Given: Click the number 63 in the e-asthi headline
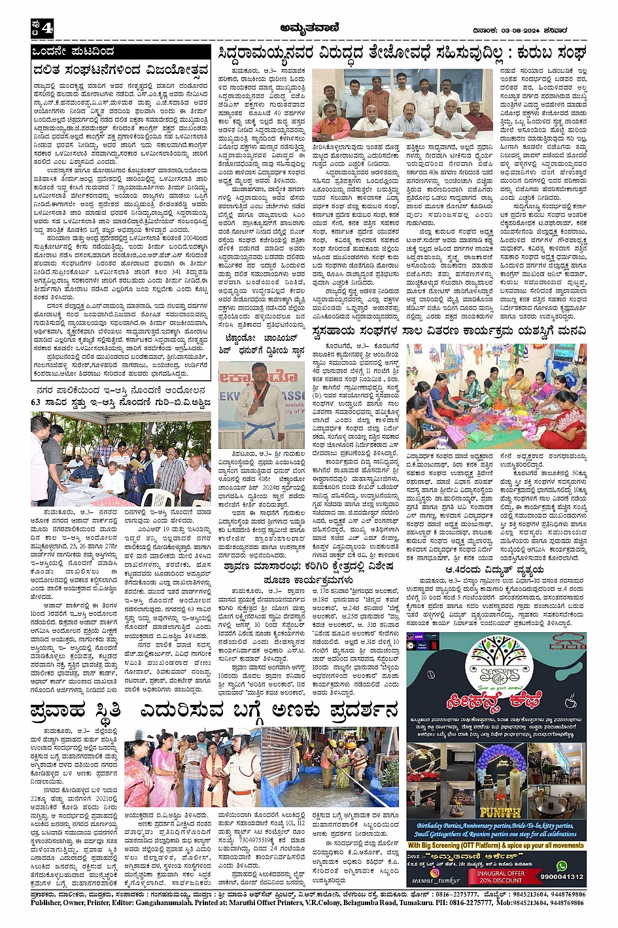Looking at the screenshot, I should pos(36,402).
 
